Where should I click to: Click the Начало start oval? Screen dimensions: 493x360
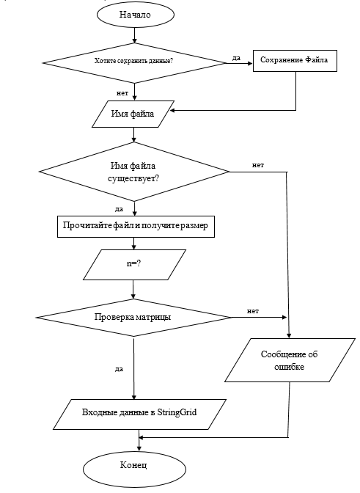click(134, 15)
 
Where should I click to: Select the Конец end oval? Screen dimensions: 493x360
click(133, 466)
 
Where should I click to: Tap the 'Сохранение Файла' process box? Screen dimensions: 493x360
click(295, 60)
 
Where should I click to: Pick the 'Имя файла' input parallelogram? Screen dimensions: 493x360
click(134, 113)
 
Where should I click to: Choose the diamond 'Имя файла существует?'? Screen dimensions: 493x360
click(133, 171)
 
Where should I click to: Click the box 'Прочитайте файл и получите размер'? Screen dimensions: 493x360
click(133, 226)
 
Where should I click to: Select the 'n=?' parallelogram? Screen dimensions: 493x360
click(133, 264)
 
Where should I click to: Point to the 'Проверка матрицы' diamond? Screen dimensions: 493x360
click(133, 317)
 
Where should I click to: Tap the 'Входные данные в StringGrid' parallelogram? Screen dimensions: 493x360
click(134, 415)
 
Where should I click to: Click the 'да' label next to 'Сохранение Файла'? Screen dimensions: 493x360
click(236, 56)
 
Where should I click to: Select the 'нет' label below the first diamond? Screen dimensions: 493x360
click(122, 93)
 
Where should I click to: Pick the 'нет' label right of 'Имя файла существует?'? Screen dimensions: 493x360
click(258, 164)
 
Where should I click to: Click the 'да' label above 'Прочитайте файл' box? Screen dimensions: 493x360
click(118, 208)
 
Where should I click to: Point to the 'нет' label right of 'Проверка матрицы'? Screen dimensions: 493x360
click(252, 310)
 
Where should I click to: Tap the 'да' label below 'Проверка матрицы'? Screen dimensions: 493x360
click(119, 368)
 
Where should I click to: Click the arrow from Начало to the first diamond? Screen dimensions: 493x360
click(134, 34)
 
